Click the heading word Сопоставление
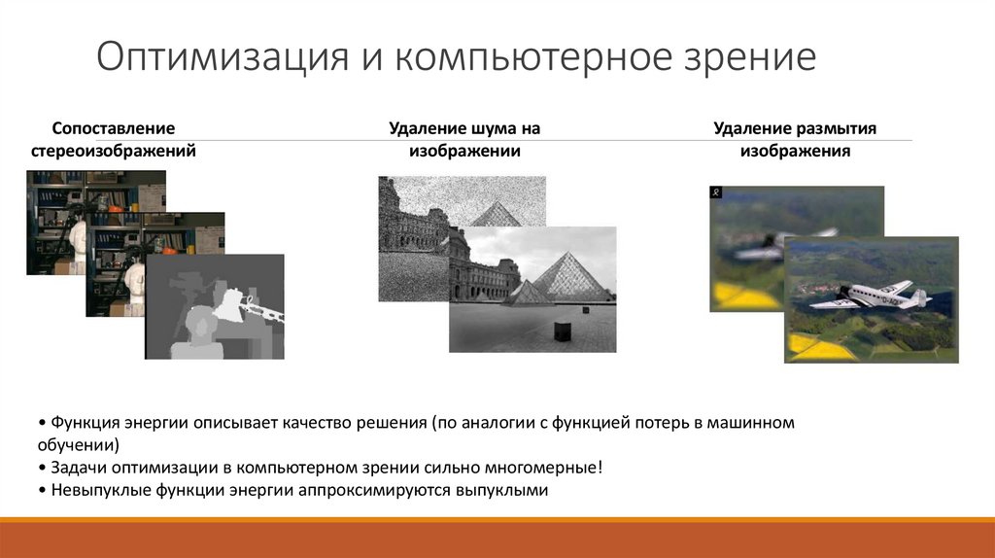pyautogui.click(x=114, y=128)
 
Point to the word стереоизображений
pyautogui.click(x=114, y=151)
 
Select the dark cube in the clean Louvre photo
pyautogui.click(x=562, y=331)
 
